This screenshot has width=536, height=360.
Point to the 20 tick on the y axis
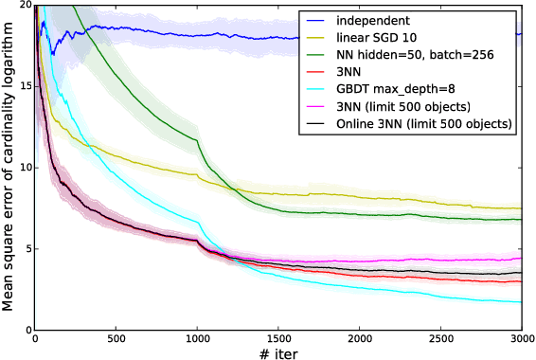click(25, 6)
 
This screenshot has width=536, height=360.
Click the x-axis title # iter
click(277, 352)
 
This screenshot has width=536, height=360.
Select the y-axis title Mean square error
click(9, 168)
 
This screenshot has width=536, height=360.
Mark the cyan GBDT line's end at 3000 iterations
click(520, 302)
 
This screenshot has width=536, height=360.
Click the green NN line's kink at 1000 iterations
click(196, 141)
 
